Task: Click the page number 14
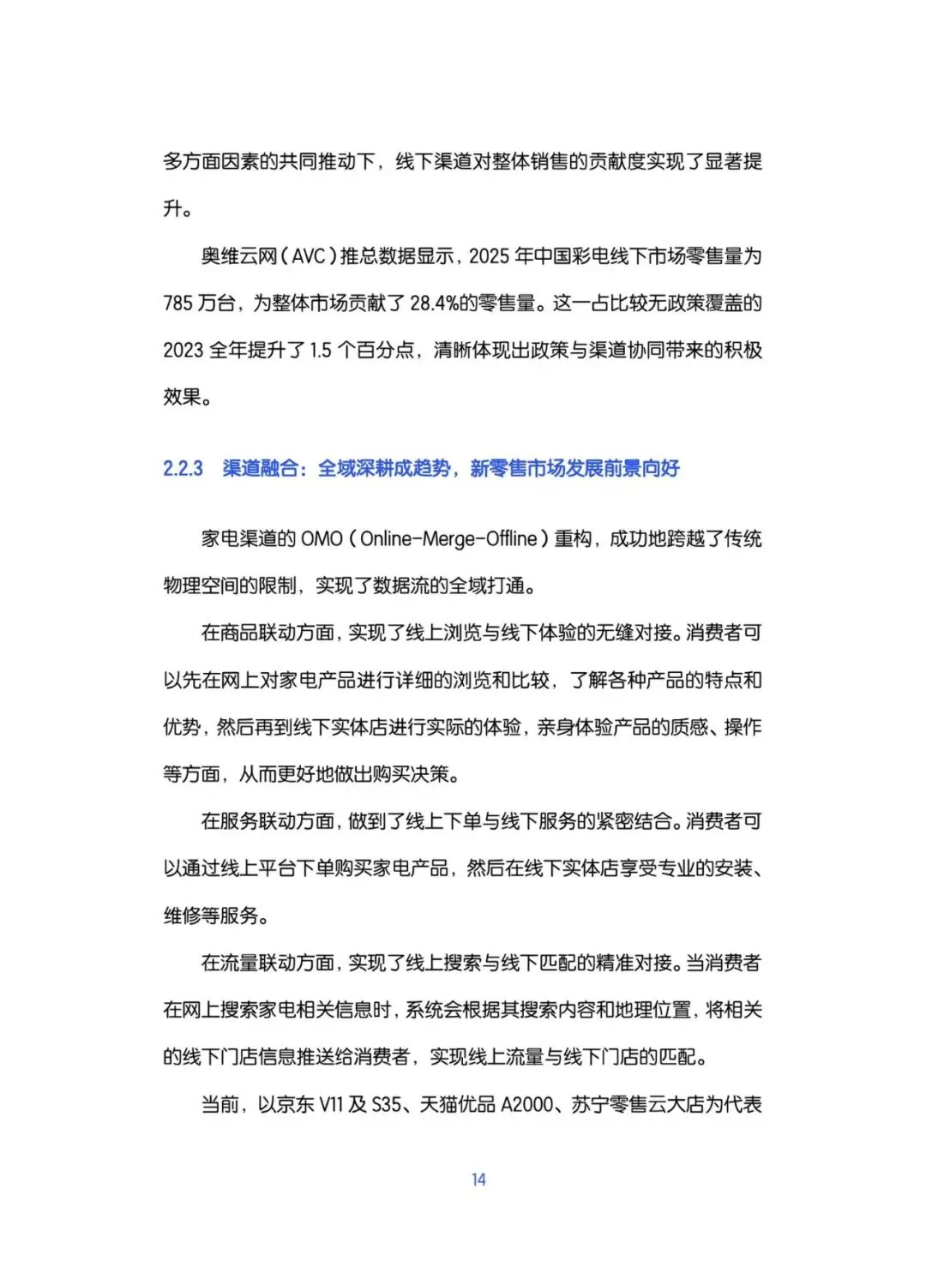point(478,1180)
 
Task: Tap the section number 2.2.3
point(183,468)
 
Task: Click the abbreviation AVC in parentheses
point(310,256)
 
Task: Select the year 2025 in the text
point(489,256)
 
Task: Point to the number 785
point(177,303)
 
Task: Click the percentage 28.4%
point(434,303)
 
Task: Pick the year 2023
point(183,351)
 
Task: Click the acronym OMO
point(322,539)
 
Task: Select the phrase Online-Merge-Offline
point(448,539)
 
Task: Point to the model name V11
point(331,1105)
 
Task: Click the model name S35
point(387,1105)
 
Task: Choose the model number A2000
point(526,1105)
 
